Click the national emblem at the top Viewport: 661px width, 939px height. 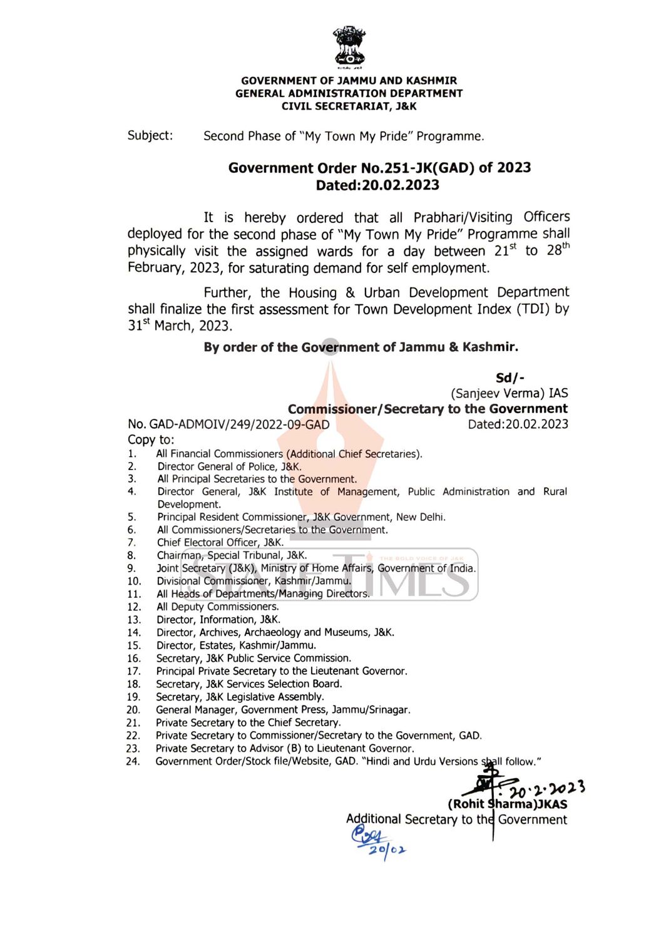click(349, 46)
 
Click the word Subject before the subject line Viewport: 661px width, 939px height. click(150, 136)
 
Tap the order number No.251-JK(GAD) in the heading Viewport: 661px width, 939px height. click(418, 168)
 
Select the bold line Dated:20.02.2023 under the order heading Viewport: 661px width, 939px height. click(377, 185)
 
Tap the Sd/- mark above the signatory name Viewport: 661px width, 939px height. click(510, 377)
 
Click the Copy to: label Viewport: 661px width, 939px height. click(151, 439)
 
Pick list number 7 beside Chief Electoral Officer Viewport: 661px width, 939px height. click(131, 543)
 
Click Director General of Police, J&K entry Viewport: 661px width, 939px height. click(229, 466)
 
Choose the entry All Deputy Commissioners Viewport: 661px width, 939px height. click(218, 607)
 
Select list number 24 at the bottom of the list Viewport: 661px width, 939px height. click(133, 762)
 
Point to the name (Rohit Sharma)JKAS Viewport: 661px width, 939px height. click(507, 804)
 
